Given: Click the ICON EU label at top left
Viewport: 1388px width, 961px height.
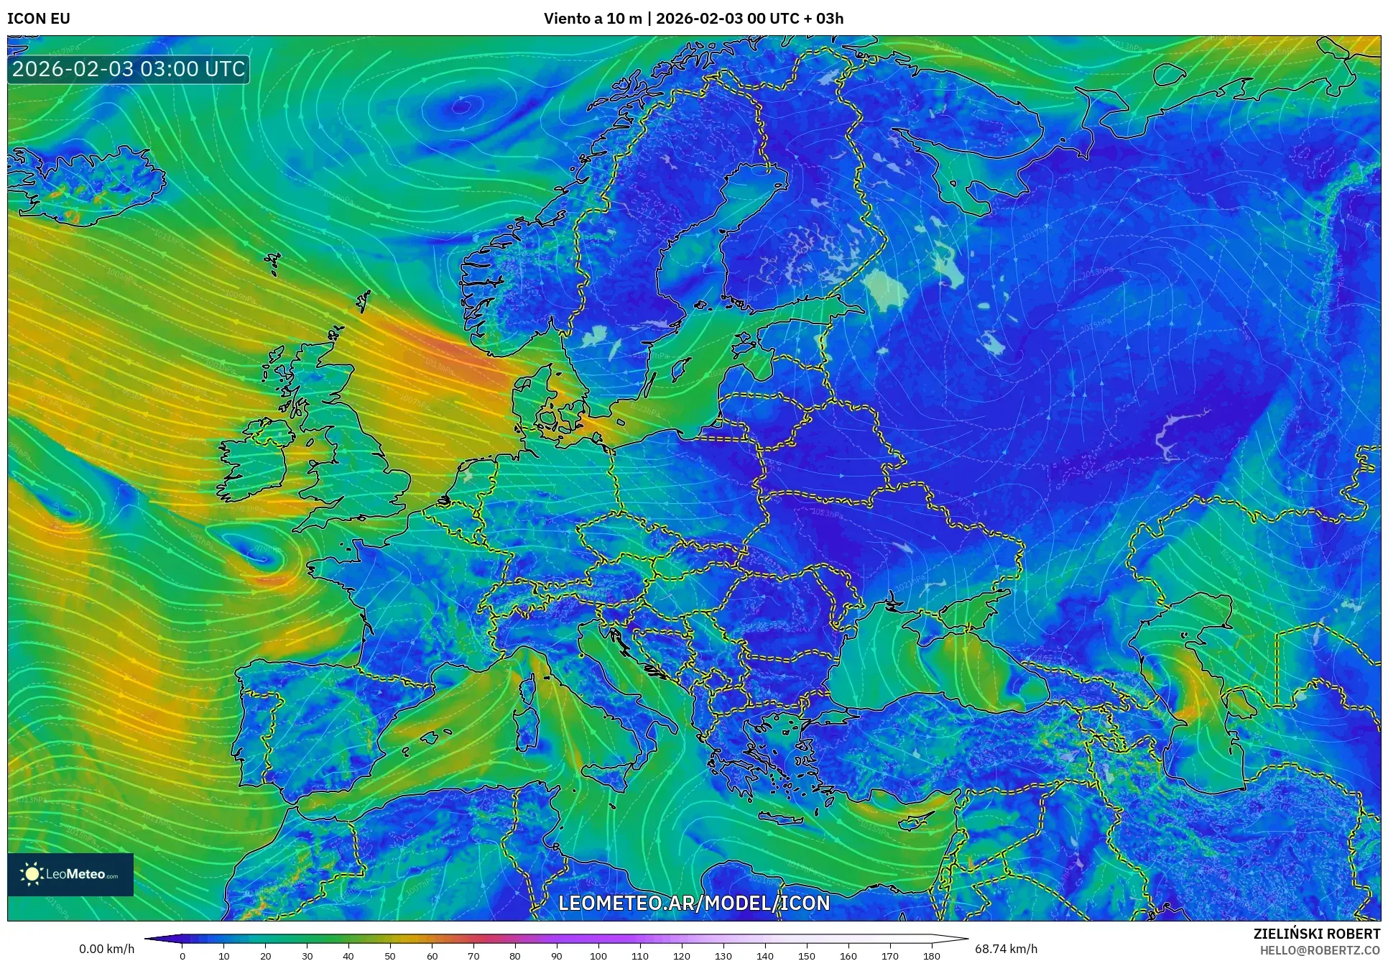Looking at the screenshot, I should pos(39,19).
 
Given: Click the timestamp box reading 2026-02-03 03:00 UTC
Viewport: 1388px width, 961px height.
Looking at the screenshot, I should pos(129,69).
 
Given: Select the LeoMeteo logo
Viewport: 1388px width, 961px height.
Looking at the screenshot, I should pos(70,874).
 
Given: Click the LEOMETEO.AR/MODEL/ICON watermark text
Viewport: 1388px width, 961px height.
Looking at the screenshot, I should pos(694,903).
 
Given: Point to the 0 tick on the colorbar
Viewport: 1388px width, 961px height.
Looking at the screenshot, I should pos(182,956).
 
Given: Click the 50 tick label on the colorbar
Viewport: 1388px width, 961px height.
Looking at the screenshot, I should pos(390,956).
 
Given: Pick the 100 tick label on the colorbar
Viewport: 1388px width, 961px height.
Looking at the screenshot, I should pos(598,956).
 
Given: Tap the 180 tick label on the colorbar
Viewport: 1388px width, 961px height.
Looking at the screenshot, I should pos(931,956).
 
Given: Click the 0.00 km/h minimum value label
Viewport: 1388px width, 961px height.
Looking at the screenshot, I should pos(106,949).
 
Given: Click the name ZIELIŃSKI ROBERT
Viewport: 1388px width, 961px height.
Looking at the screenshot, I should pos(1317,934).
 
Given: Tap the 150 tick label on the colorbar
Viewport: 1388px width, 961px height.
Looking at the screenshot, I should pos(806,956).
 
